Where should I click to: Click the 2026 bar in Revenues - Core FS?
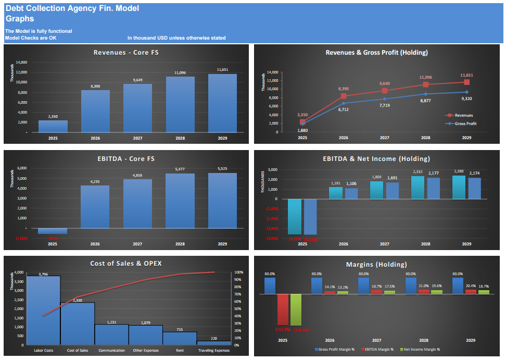click(x=95, y=111)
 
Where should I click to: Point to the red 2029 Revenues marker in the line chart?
click(x=467, y=82)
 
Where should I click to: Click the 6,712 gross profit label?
click(x=344, y=109)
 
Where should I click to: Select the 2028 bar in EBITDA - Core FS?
click(x=180, y=201)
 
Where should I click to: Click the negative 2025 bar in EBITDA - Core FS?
click(x=53, y=231)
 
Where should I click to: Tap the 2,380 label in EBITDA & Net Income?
click(x=459, y=171)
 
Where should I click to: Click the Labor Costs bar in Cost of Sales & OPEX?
click(x=44, y=310)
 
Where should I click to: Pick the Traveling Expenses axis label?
click(x=214, y=351)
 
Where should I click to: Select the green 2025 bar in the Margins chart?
click(x=296, y=309)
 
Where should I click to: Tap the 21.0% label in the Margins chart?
click(x=424, y=286)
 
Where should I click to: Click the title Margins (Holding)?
click(x=376, y=264)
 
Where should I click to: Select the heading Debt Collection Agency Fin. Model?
click(x=72, y=9)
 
